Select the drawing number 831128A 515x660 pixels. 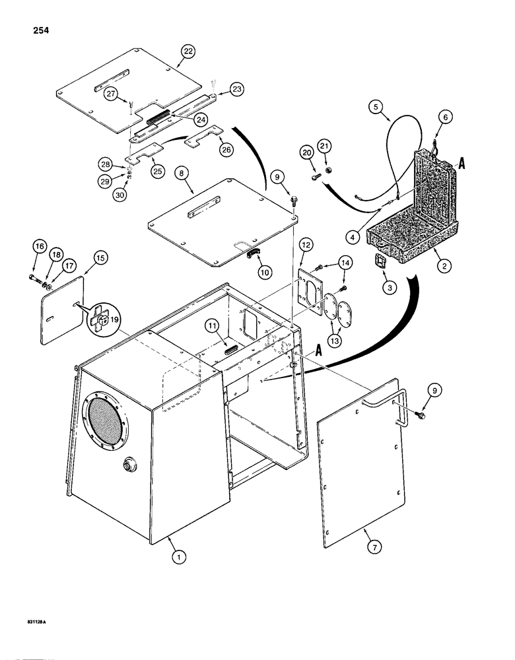[32, 640]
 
